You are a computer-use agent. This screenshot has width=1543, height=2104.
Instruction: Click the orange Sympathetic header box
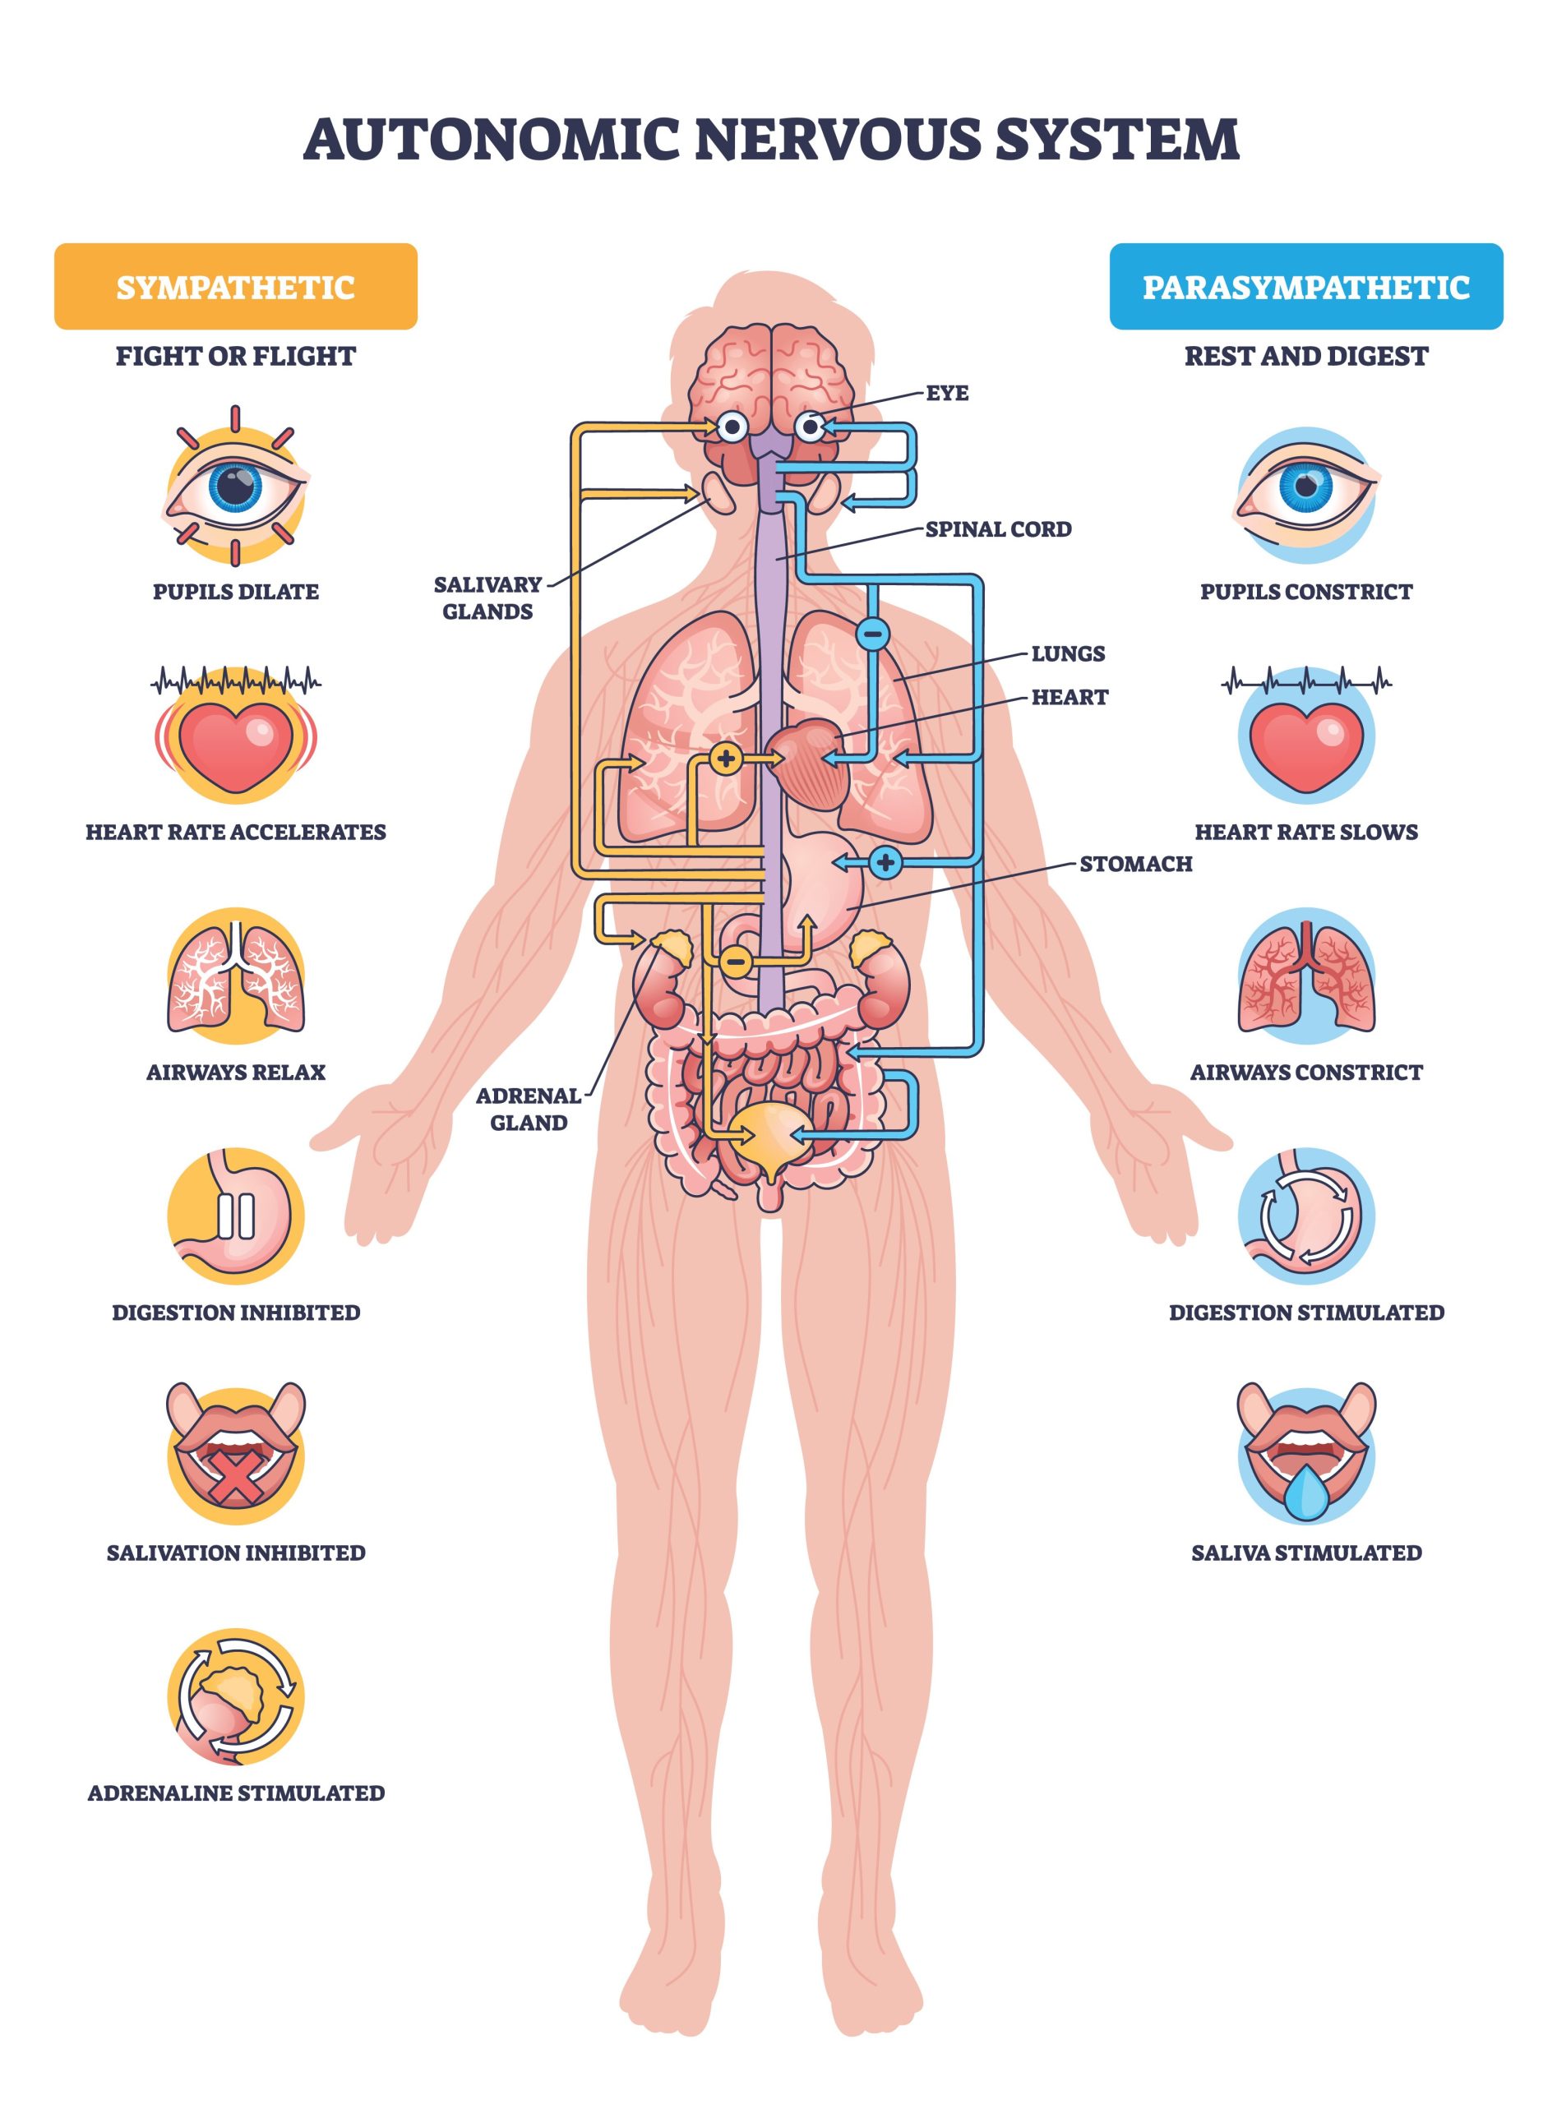click(235, 286)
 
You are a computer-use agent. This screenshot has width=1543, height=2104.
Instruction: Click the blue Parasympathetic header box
click(1305, 286)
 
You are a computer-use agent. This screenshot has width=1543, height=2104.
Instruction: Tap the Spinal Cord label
click(997, 528)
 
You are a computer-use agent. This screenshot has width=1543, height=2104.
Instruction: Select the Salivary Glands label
click(487, 598)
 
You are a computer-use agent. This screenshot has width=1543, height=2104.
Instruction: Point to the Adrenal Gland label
click(529, 1109)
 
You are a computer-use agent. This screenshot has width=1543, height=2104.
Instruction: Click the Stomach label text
click(1134, 864)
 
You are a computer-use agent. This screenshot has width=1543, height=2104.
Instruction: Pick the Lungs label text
click(1068, 653)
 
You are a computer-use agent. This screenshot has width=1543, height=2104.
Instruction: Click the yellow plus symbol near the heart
click(726, 758)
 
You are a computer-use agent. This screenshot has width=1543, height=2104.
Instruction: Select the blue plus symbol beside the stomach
click(885, 862)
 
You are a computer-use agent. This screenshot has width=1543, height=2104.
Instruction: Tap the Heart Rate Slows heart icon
click(1305, 736)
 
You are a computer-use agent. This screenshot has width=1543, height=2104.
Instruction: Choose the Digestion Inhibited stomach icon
click(235, 1216)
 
